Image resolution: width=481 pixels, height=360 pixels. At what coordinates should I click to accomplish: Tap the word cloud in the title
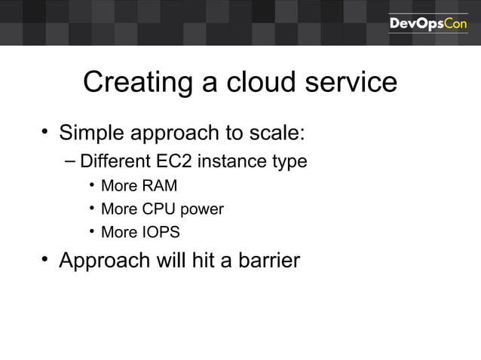[x=256, y=83]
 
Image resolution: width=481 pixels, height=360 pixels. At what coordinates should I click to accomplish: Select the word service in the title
[x=351, y=83]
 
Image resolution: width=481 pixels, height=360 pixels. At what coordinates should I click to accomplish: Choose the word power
[x=202, y=209]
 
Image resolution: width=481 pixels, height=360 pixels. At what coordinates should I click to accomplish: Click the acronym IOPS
[x=161, y=232]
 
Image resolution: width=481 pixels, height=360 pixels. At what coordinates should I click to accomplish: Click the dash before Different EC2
[x=70, y=160]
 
